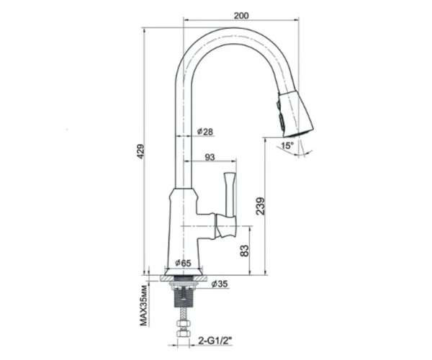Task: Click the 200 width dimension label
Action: pyautogui.click(x=241, y=16)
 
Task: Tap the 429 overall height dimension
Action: pyautogui.click(x=141, y=151)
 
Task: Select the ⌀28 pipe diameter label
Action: pyautogui.click(x=205, y=132)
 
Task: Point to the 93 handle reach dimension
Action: pyautogui.click(x=210, y=157)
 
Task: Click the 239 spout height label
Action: pyautogui.click(x=260, y=206)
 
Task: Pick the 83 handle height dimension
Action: pyautogui.click(x=244, y=251)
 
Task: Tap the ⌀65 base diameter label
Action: pyautogui.click(x=183, y=263)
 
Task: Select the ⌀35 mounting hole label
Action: pyautogui.click(x=220, y=284)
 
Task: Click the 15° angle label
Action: pyautogui.click(x=287, y=145)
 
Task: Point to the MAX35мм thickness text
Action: pyautogui.click(x=143, y=305)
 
